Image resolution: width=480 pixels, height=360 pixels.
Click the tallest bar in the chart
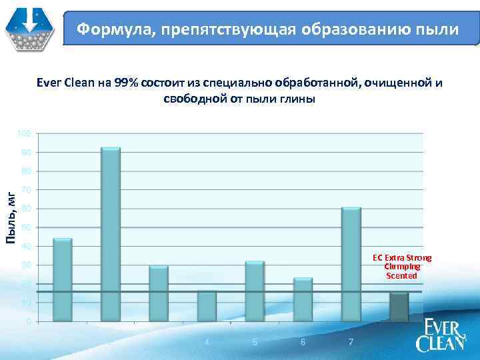coord(111,233)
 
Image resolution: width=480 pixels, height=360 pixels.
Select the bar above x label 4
coord(207,306)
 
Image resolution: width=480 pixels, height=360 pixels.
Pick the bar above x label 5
coord(255,291)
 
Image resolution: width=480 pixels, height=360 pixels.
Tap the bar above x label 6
coord(303,299)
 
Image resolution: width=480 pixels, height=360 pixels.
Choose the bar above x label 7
coord(351,264)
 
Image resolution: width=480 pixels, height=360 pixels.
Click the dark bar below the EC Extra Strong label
coord(399,307)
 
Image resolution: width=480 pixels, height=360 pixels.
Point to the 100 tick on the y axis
coord(24,134)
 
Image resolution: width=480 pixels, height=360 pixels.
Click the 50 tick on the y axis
coord(24,228)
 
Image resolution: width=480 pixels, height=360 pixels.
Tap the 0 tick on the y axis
coord(27,322)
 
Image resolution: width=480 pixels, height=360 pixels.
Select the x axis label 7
coord(351,342)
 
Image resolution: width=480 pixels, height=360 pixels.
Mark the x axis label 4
coord(207,342)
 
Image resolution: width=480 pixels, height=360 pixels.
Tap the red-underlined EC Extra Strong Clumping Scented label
coord(402,266)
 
